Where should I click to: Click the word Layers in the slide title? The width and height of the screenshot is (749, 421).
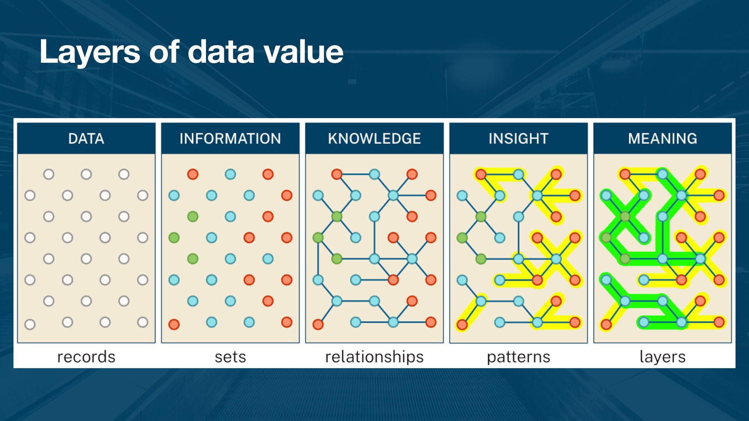tap(89, 52)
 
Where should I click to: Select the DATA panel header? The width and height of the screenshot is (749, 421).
tap(86, 139)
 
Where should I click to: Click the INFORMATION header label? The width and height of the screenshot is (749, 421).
tap(230, 139)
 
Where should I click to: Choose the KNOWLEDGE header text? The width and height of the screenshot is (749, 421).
tap(374, 139)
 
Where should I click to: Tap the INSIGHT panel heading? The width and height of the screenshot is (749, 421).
tap(518, 139)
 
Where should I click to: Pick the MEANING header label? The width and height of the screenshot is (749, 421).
tap(662, 139)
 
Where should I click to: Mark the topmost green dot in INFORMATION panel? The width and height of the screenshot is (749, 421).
tap(193, 216)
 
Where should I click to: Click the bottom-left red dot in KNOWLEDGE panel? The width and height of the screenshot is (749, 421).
tap(318, 324)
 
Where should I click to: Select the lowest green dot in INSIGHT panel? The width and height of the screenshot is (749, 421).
tap(481, 258)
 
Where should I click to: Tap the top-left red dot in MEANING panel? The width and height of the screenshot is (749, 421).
tap(625, 174)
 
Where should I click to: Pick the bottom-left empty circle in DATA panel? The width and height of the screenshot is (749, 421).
tap(30, 324)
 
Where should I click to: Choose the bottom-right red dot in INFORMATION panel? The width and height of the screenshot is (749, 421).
tap(287, 322)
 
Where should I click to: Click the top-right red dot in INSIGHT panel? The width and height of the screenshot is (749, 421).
tap(556, 174)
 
